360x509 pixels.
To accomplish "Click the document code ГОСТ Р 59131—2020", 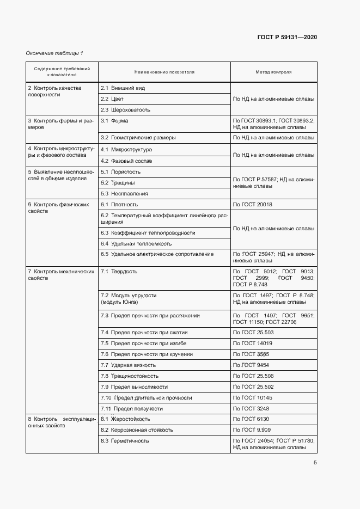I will (287, 37).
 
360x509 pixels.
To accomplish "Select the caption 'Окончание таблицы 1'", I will (54, 53).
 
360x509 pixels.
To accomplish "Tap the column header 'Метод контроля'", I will (273, 72).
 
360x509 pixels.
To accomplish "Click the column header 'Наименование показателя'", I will (164, 72).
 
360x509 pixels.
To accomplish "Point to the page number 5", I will (315, 463).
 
